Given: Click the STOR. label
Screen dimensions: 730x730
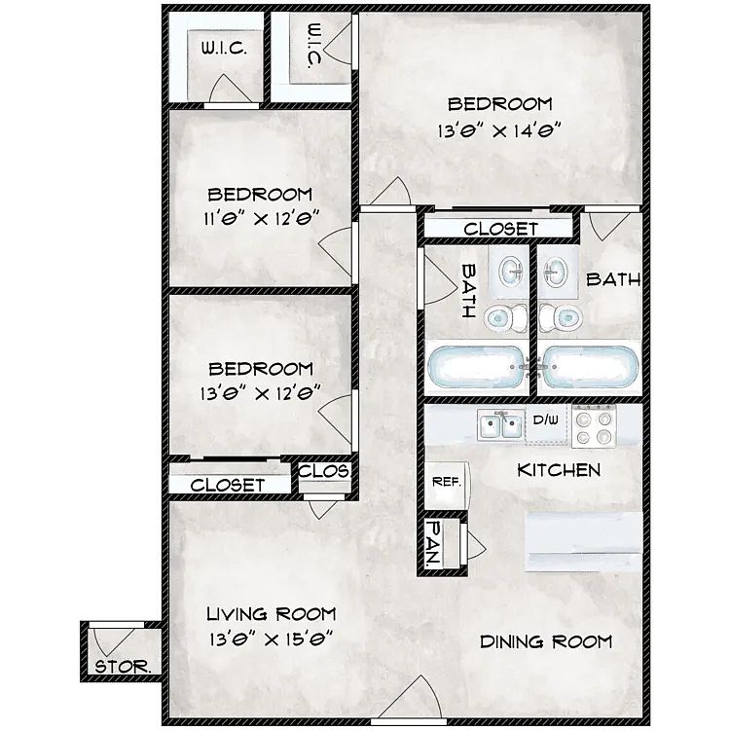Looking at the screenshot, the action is click(x=123, y=667).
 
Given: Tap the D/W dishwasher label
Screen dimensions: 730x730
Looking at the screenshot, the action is click(x=546, y=420).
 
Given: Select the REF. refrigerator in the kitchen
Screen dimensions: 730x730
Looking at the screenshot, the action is click(x=447, y=486).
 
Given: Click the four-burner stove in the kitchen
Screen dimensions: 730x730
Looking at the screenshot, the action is click(x=594, y=427).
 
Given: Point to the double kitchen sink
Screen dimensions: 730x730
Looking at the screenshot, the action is click(x=501, y=426).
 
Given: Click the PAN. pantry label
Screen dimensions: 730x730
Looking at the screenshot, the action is click(x=434, y=542).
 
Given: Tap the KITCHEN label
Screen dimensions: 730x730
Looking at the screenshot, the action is click(x=559, y=470).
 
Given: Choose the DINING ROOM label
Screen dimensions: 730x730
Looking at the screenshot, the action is click(x=546, y=642).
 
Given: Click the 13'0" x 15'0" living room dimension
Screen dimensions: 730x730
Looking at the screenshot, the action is click(x=271, y=639).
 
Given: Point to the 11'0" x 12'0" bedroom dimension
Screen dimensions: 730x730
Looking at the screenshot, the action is click(x=261, y=218).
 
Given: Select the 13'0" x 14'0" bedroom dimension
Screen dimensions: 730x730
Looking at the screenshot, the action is click(x=498, y=130).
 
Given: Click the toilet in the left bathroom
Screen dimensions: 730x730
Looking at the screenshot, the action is click(x=505, y=318).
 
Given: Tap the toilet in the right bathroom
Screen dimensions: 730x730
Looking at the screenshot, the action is click(x=561, y=318).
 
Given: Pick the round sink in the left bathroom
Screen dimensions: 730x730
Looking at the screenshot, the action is click(x=512, y=271).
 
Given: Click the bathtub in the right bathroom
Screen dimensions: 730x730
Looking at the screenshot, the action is click(x=591, y=366).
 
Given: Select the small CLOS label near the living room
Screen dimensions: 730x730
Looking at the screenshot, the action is click(x=324, y=471).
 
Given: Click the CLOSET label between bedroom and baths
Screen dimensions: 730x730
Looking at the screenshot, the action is click(x=500, y=229).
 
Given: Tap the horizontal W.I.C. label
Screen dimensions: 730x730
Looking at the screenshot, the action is click(x=224, y=48).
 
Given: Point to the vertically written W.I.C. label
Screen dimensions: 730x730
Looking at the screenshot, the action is click(x=314, y=46).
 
